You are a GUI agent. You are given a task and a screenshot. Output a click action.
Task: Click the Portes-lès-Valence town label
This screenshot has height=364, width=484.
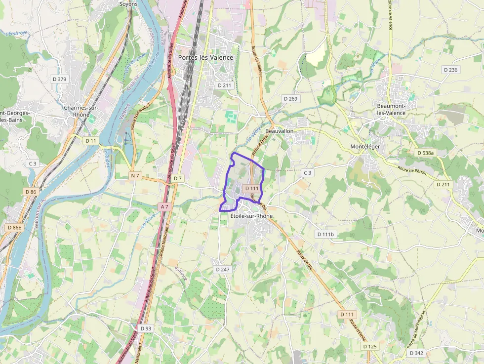pos(205,58)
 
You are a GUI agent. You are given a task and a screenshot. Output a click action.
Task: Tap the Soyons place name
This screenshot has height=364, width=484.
pos(128,3)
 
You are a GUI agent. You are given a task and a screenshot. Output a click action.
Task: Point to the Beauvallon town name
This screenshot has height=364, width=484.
pos(280,131)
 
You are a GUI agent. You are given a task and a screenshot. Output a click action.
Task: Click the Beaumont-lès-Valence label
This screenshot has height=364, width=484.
pos(391,109)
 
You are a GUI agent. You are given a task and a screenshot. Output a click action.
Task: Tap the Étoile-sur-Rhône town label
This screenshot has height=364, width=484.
pos(251,216)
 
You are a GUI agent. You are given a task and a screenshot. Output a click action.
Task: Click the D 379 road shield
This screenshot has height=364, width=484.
pos(59,79)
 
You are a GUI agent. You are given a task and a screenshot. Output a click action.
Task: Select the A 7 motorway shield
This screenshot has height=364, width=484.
pos(164,206)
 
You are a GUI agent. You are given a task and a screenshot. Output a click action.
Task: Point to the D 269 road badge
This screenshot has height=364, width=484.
pos(291,99)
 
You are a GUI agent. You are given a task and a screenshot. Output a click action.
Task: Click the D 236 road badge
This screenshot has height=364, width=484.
pos(451,70)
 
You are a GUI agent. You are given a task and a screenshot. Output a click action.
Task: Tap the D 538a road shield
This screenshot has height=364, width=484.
pos(425,153)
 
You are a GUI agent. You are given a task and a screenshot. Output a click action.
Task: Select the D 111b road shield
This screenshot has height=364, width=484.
pos(325,234)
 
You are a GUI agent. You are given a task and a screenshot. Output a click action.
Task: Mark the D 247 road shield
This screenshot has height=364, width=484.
pos(223,270)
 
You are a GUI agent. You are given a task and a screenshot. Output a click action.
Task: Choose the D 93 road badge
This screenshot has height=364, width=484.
pos(146,328)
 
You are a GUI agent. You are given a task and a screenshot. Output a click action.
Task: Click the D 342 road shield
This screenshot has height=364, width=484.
pos(416,353)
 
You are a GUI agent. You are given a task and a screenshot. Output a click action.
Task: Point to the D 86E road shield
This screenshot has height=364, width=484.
pos(14,228)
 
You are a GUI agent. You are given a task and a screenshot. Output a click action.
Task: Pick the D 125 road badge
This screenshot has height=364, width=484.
pos(369,347)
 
